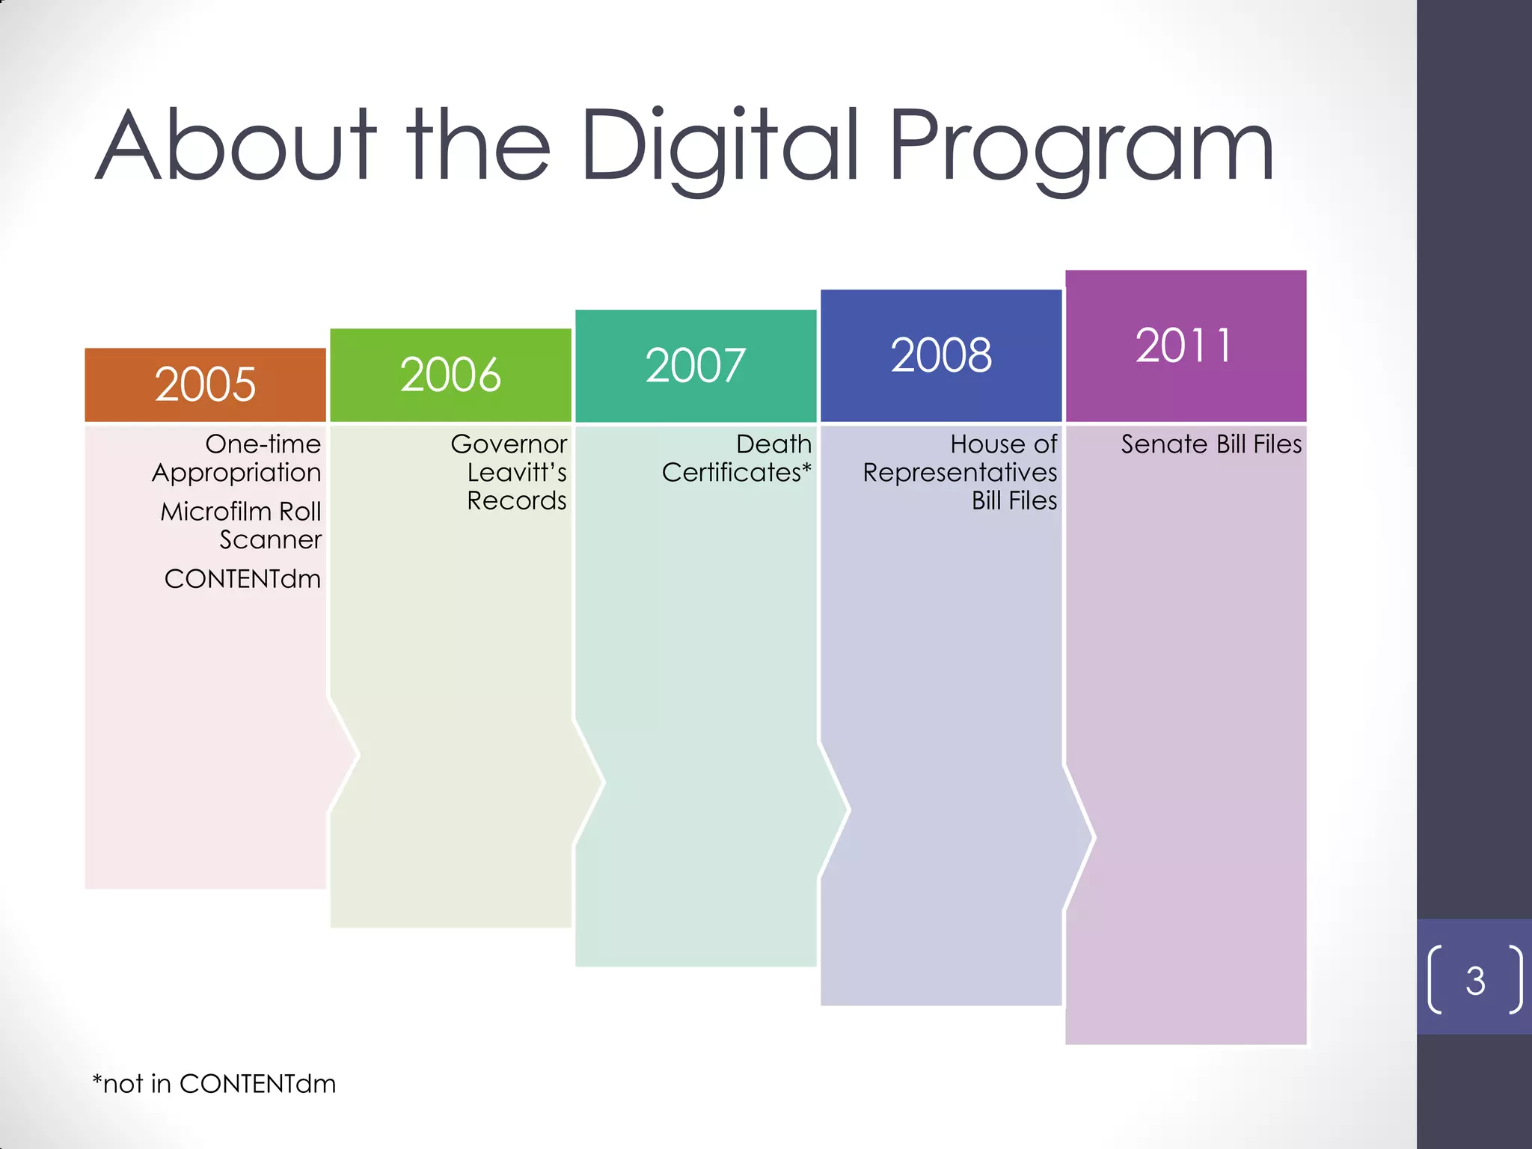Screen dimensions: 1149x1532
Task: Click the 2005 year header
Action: (205, 384)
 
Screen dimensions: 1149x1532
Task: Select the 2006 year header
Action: (450, 375)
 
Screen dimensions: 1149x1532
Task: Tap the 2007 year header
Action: (696, 366)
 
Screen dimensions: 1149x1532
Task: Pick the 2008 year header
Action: (941, 355)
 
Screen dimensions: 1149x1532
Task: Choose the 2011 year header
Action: (1185, 346)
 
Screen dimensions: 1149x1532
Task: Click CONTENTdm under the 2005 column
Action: (242, 579)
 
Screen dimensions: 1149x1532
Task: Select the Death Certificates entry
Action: (738, 458)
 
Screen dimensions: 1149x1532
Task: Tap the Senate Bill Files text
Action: (1210, 444)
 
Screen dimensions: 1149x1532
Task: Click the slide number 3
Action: (1475, 981)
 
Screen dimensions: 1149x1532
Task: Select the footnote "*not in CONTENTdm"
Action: (214, 1084)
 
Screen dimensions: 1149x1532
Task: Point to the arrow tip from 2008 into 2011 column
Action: (1092, 838)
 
